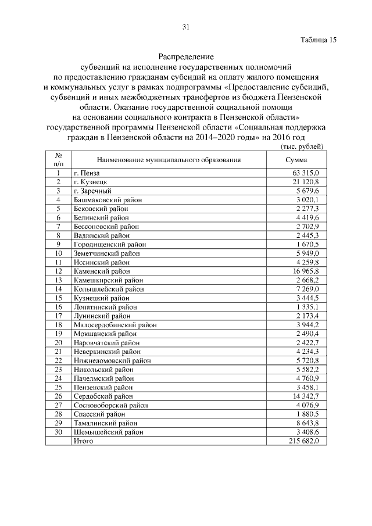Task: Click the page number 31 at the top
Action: [186, 26]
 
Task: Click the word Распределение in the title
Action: [186, 57]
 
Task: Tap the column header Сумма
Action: [296, 160]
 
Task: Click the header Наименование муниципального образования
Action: [169, 160]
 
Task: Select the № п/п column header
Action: [59, 160]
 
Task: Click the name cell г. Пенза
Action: [87, 173]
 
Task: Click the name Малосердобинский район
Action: [115, 325]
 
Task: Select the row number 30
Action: [59, 432]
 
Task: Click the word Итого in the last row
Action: [84, 441]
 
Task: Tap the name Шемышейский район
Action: [107, 432]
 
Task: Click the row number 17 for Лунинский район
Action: [59, 316]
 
